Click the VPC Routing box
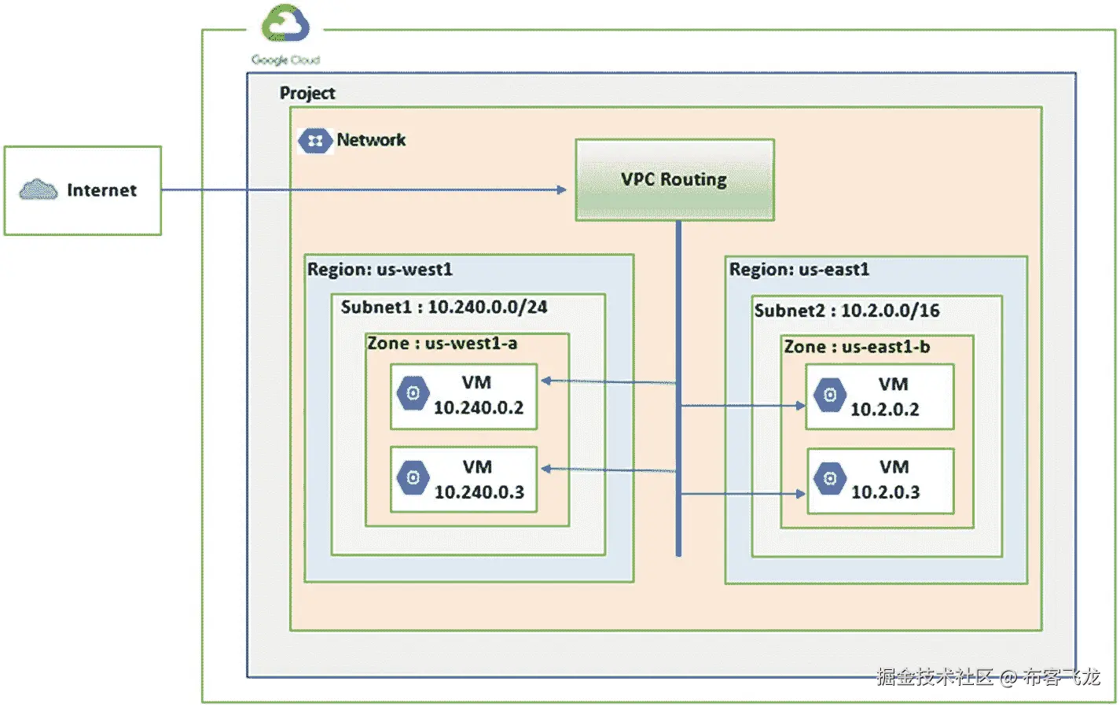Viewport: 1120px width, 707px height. click(674, 179)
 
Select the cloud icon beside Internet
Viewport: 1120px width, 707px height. click(39, 190)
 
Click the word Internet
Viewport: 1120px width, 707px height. click(101, 190)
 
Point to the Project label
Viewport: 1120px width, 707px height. click(307, 93)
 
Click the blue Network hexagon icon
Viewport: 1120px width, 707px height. click(314, 141)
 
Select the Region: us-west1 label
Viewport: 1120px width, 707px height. click(380, 270)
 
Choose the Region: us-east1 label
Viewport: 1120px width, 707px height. click(799, 270)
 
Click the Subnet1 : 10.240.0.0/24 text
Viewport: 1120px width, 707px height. click(443, 307)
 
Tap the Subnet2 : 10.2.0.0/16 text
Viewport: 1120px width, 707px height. click(846, 311)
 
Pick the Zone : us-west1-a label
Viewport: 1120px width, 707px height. click(442, 344)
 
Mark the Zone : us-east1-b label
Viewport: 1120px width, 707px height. click(857, 347)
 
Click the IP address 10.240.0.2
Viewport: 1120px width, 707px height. click(479, 407)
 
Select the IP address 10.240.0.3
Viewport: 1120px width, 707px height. click(479, 492)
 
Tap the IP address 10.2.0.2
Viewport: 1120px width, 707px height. click(884, 410)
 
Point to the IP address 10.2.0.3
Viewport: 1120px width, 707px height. click(885, 492)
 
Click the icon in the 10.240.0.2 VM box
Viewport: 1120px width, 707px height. click(413, 393)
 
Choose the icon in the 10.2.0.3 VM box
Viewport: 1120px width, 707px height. click(830, 478)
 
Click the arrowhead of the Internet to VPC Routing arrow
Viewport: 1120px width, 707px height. click(561, 190)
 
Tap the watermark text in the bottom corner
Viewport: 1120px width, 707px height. click(988, 676)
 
